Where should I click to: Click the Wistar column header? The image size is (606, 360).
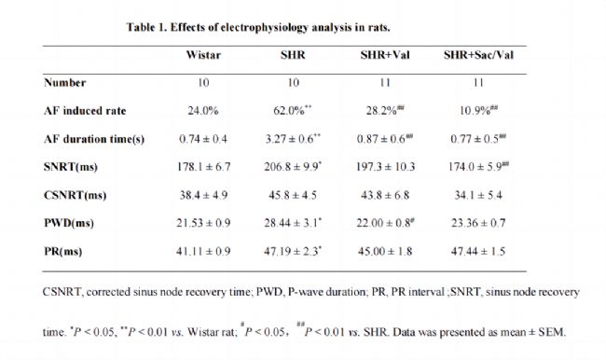click(x=203, y=55)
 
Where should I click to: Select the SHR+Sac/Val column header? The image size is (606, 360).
click(x=478, y=55)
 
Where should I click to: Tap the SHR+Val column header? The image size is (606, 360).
click(x=385, y=55)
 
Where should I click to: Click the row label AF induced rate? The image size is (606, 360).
click(x=85, y=111)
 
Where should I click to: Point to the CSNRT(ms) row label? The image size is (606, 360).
click(x=75, y=195)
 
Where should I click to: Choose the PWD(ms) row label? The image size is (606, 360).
click(x=69, y=223)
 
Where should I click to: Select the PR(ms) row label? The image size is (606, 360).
click(x=63, y=251)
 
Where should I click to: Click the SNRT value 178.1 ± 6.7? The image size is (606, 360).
click(x=203, y=167)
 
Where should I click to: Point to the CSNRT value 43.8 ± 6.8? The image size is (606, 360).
click(x=385, y=195)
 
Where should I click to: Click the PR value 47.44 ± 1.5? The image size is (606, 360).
click(x=478, y=251)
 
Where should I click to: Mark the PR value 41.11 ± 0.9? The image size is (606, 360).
click(x=203, y=251)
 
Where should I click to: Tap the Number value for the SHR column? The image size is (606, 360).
click(x=294, y=83)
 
